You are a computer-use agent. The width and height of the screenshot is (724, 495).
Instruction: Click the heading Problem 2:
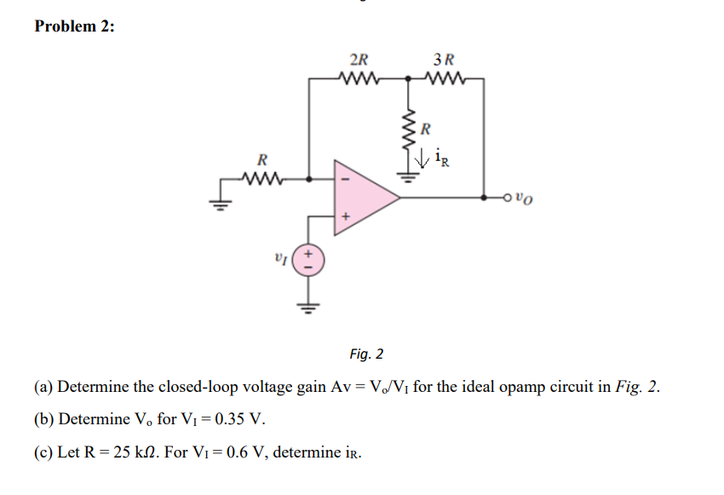click(74, 26)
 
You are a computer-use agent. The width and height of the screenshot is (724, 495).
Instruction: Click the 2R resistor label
click(359, 60)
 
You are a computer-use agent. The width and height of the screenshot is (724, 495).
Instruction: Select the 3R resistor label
click(444, 60)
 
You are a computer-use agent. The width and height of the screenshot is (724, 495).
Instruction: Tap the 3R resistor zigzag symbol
click(445, 81)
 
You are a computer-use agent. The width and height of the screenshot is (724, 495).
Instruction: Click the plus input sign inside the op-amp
click(346, 217)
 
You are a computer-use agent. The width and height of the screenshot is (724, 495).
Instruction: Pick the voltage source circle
click(307, 257)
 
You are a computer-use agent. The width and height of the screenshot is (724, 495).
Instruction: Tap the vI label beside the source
click(279, 256)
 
